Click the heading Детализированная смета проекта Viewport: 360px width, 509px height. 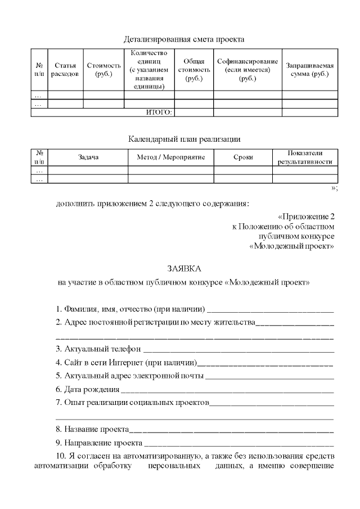pos(184,39)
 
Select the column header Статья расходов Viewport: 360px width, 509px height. pos(64,70)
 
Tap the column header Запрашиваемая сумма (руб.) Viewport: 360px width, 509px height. pos(309,70)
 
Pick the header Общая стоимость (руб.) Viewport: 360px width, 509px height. pos(193,70)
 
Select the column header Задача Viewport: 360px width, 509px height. pos(88,157)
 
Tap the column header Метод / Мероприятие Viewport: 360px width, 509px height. pos(170,157)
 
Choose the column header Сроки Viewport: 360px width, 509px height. pos(243,157)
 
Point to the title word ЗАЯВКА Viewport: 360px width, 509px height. pos(184,268)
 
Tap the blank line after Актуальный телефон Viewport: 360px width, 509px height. pos(238,349)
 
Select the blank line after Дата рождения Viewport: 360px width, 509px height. pos(227,390)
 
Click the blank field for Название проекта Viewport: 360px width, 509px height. pos(231,430)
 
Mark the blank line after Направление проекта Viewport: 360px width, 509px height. pos(238,444)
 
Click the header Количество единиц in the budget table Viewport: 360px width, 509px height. pos(149,70)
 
